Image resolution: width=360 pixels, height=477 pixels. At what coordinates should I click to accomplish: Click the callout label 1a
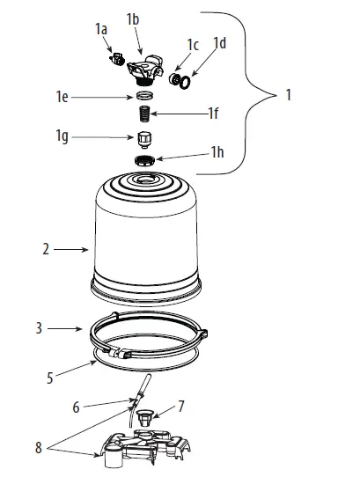click(101, 30)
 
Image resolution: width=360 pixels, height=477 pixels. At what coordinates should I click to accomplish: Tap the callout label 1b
click(133, 19)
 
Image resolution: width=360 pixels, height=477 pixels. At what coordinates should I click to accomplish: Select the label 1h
click(217, 151)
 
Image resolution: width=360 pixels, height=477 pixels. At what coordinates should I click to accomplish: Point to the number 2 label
click(46, 249)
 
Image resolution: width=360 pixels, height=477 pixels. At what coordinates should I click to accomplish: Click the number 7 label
click(181, 407)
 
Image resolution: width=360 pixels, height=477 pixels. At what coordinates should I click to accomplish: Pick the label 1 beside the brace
click(289, 95)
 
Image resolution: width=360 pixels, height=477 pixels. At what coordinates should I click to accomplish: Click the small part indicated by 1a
click(117, 58)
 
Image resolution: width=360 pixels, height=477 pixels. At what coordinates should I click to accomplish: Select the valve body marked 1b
click(145, 69)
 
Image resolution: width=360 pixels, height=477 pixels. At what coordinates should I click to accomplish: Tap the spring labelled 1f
click(144, 114)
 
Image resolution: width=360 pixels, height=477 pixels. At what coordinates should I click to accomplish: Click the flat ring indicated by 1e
click(144, 96)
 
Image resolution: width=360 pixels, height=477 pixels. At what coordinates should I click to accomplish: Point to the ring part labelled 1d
click(185, 82)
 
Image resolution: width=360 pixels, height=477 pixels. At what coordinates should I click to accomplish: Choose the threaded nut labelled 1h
click(145, 160)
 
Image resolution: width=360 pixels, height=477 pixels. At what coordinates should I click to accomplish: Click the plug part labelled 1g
click(144, 140)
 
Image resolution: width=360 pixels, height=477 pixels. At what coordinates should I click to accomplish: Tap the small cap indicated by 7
click(143, 418)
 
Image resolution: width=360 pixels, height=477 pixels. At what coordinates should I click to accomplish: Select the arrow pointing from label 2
click(70, 249)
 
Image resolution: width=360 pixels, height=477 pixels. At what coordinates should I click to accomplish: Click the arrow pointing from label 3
click(64, 328)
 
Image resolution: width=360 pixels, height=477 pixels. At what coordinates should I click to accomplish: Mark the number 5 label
click(50, 378)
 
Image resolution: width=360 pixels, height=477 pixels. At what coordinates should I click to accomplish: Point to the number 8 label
click(39, 447)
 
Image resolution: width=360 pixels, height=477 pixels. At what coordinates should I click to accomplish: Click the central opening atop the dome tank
click(146, 180)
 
